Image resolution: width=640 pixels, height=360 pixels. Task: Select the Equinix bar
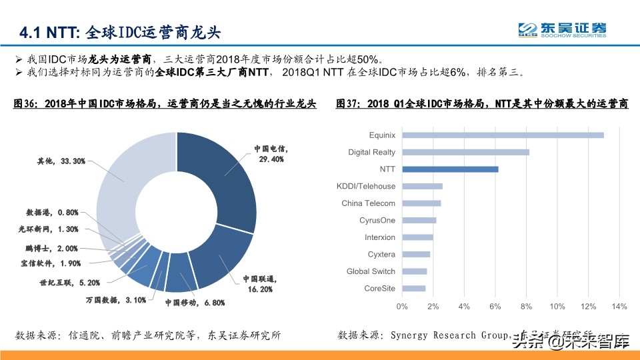(x=503, y=135)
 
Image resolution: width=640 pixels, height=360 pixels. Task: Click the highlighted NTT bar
(x=450, y=169)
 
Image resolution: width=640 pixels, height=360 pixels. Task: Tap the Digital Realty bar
(x=465, y=152)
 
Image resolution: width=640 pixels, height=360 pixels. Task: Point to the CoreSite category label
(x=379, y=289)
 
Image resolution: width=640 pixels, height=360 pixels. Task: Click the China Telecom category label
(x=368, y=203)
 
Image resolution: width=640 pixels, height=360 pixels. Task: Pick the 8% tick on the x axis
(x=526, y=307)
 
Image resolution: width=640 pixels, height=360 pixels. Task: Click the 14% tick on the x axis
(x=619, y=307)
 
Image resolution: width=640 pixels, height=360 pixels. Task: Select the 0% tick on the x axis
(x=402, y=307)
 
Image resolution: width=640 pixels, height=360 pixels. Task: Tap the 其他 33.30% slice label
(x=61, y=161)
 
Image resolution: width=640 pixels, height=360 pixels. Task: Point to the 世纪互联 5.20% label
(x=69, y=282)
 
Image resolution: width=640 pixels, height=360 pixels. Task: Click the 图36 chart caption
(x=165, y=104)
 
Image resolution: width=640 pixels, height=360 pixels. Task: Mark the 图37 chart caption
(x=482, y=104)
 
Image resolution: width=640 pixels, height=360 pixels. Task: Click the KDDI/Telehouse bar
(x=422, y=186)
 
